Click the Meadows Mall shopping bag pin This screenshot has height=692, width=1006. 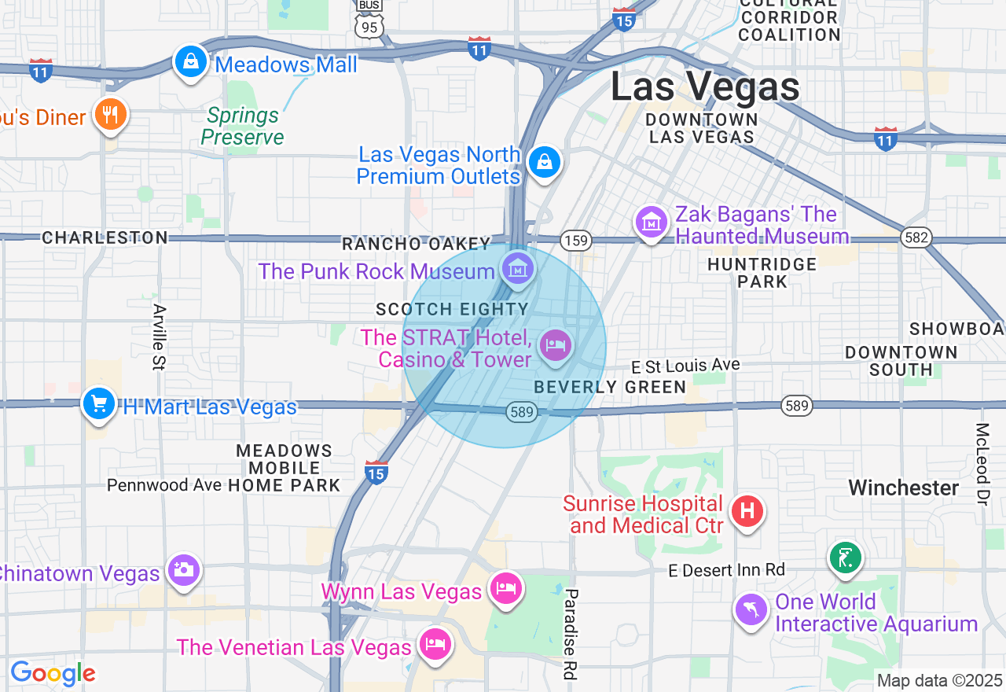pos(190,62)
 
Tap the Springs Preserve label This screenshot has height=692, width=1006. pos(242,127)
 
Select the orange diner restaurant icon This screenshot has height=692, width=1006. pos(111,116)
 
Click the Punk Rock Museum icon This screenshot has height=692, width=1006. pos(518,270)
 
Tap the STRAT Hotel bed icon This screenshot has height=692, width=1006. pos(556,344)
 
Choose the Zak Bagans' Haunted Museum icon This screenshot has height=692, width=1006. pos(652,223)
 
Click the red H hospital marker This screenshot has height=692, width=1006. pos(747,511)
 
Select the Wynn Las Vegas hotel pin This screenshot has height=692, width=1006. pos(506,588)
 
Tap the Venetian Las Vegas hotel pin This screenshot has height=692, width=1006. pos(435,644)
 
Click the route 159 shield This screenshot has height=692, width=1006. pos(577,241)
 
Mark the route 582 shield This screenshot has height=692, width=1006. pos(916,237)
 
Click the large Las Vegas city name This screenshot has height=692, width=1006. pos(705,86)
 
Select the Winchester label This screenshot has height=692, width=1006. pos(904,488)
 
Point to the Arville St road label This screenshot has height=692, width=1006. pos(160,337)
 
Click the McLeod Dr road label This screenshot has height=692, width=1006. pos(982,464)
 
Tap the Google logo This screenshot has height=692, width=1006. pos(53,674)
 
